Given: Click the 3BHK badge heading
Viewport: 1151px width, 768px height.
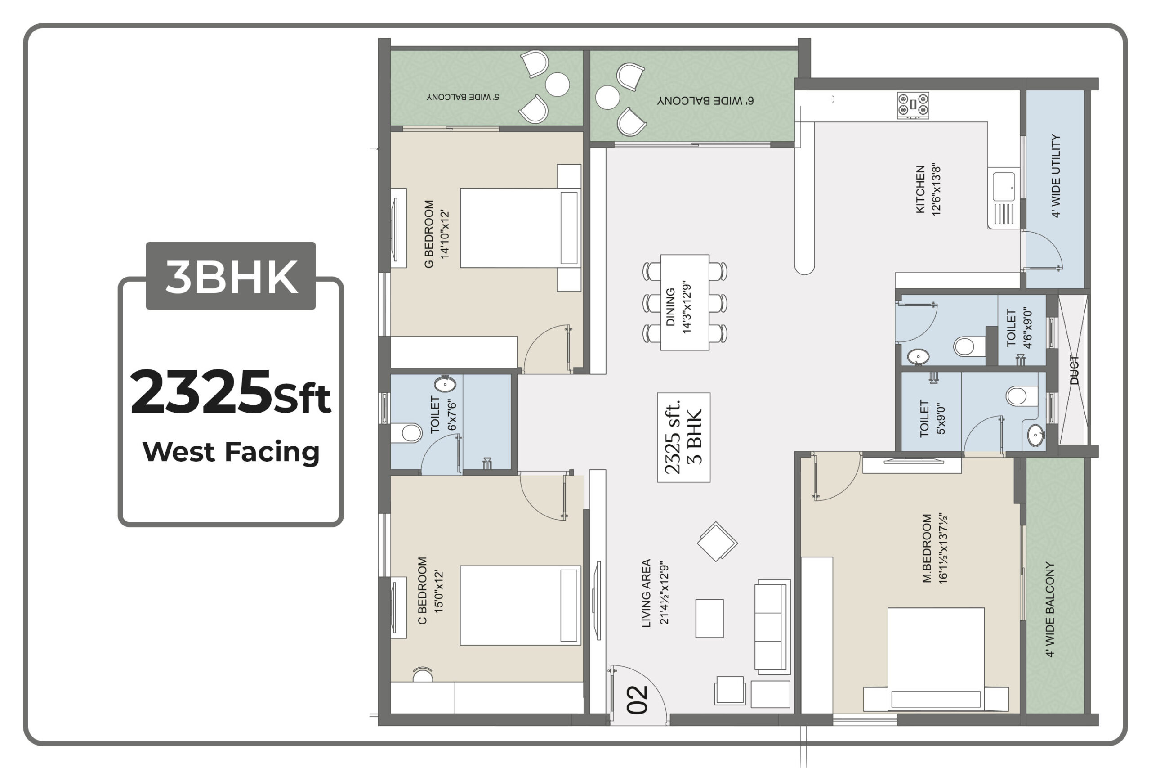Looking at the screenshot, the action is tap(231, 276).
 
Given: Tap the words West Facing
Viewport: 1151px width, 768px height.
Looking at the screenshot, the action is tap(231, 452).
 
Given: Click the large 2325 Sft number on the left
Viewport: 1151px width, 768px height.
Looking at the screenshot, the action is tap(231, 392).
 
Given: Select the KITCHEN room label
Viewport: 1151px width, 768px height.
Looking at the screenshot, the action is tap(920, 189).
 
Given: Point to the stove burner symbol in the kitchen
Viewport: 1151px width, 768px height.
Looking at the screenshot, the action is tap(913, 105).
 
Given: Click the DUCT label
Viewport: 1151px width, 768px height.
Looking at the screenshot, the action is tap(1074, 370).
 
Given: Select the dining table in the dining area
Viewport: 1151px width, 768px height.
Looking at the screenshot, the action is tap(685, 302).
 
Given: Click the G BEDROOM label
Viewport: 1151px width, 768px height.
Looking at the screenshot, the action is tap(428, 234).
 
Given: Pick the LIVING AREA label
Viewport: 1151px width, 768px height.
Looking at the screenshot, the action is tap(646, 593).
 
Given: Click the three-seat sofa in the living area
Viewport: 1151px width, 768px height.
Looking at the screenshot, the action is tap(773, 627).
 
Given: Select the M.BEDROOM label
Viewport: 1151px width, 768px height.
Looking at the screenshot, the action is tap(926, 548).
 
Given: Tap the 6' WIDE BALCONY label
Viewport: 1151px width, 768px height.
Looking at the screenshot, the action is tap(705, 101).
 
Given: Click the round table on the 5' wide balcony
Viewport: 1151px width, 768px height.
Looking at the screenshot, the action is tap(558, 84).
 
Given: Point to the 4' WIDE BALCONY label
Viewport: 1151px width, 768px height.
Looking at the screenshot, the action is tap(1050, 609).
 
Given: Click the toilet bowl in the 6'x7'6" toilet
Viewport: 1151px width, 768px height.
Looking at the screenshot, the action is tap(406, 433).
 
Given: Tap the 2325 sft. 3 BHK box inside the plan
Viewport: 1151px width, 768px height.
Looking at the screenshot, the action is tap(684, 437).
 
